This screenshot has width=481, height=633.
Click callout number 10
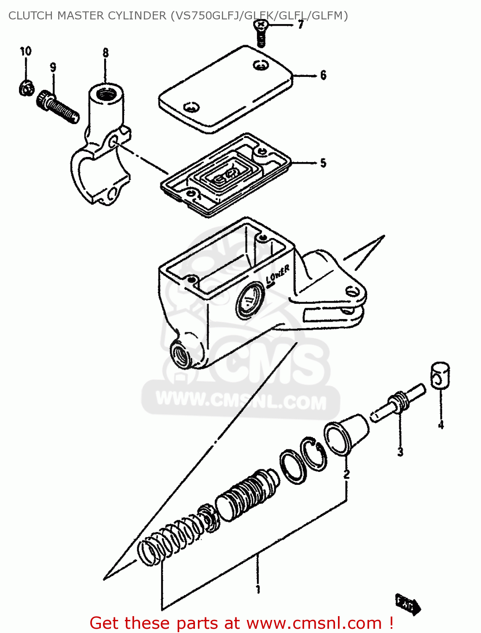pos(26,51)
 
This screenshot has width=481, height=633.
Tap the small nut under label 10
pos(26,89)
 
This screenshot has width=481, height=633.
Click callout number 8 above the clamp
pos(105,53)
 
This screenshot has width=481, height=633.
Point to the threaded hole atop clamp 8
pos(105,94)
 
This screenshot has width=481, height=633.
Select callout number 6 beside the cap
pos(323,75)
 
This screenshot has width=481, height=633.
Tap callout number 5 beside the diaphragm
pos(323,163)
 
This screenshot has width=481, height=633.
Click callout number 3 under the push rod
pos(400,452)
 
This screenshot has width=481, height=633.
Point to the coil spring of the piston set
pos(171,542)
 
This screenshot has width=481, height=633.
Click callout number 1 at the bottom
pos(258,589)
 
